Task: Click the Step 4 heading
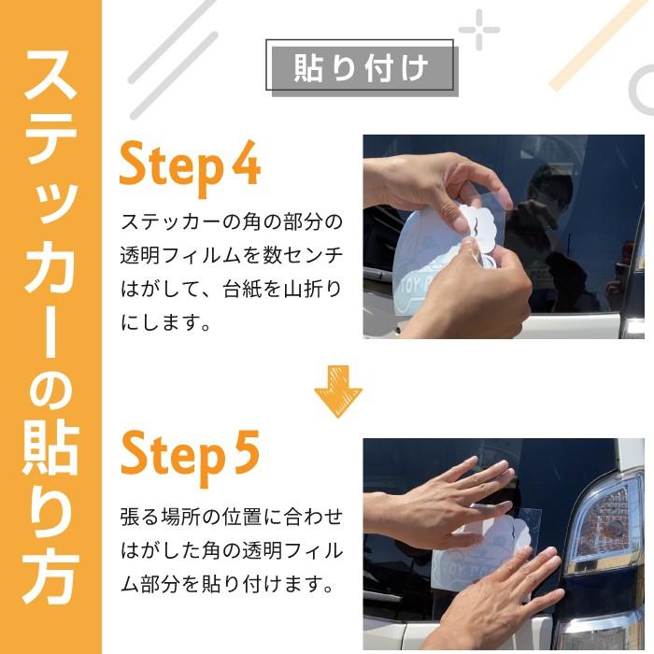coord(190,166)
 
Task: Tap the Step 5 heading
coord(190,454)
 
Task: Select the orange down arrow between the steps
coord(337,391)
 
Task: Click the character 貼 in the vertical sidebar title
coord(50,438)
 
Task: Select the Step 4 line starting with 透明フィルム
coord(232,255)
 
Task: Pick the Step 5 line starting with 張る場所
coord(232,517)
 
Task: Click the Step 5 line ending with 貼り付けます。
coord(227,586)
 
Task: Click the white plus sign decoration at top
coord(478,30)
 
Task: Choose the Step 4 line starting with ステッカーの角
coord(232,221)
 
